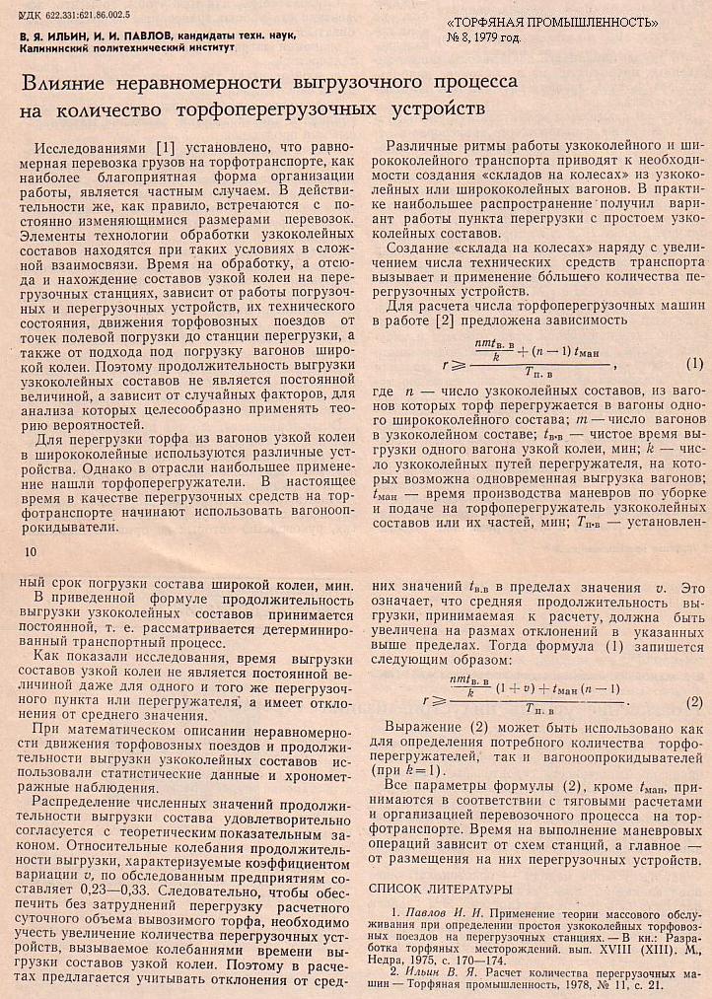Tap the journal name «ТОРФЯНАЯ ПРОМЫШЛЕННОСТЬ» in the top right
click(x=552, y=23)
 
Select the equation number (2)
click(x=693, y=702)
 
